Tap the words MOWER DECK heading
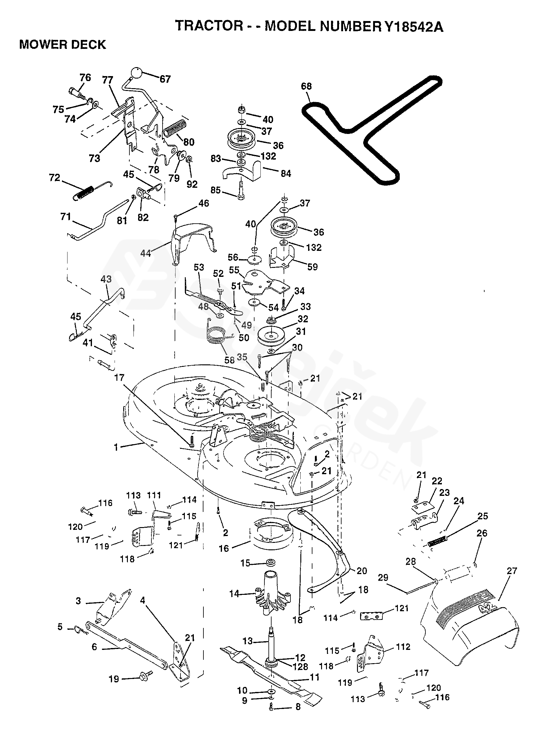(x=63, y=45)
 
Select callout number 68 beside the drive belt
(x=306, y=86)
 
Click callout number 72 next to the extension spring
(x=54, y=178)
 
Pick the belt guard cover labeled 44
(x=193, y=240)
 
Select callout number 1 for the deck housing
(x=116, y=447)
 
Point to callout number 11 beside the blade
(x=315, y=677)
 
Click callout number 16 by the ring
(x=224, y=548)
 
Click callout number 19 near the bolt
(x=113, y=679)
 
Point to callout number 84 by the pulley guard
(x=286, y=174)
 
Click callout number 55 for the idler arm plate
(x=234, y=270)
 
